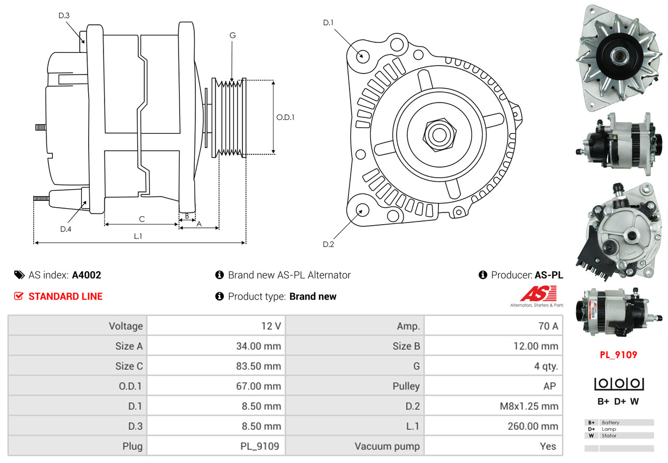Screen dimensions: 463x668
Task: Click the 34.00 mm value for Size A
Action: [x=258, y=346]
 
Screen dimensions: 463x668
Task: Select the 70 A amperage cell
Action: [x=548, y=326]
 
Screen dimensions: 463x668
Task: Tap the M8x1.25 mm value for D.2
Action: [x=529, y=406]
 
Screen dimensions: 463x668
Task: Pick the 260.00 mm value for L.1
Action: [x=533, y=426]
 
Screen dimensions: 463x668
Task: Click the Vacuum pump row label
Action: [x=387, y=446]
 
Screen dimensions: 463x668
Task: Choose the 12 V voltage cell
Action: [x=271, y=326]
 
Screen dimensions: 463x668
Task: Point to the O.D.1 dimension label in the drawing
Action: [x=285, y=117]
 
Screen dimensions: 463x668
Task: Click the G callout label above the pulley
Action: [x=232, y=35]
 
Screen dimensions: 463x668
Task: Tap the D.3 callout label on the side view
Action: [x=64, y=15]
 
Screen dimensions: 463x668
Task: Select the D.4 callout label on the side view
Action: [x=65, y=229]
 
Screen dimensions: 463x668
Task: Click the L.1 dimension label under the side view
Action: [x=138, y=236]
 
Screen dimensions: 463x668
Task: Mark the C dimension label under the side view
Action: [x=142, y=218]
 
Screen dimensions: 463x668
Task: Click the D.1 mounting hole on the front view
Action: [x=363, y=55]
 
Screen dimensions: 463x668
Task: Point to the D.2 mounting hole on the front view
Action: [x=362, y=210]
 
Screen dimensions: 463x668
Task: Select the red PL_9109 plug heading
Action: [x=618, y=355]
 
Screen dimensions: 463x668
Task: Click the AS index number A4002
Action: [x=87, y=275]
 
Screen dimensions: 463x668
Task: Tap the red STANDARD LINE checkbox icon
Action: [x=18, y=296]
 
